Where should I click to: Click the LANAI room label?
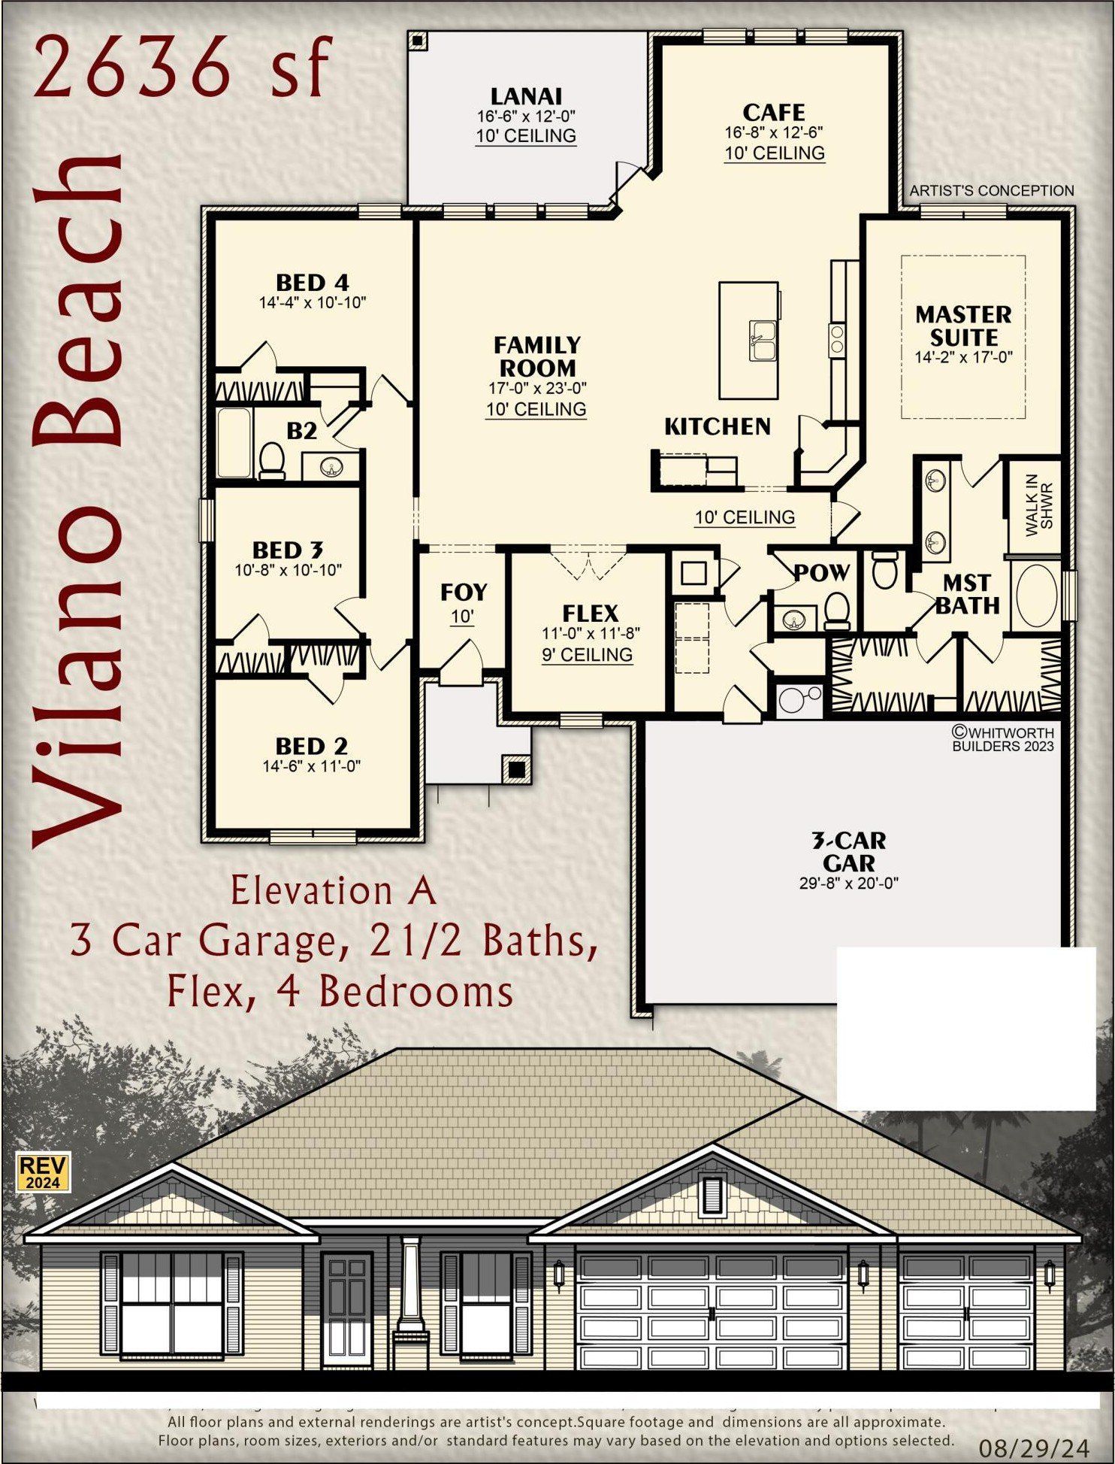click(526, 97)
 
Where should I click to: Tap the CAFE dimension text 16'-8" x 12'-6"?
click(773, 132)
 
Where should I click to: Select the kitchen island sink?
click(762, 341)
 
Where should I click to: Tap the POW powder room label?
click(822, 573)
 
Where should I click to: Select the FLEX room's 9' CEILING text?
click(587, 655)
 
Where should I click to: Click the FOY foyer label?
click(464, 593)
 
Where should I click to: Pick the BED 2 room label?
click(311, 746)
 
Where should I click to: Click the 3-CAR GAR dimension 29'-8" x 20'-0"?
click(848, 884)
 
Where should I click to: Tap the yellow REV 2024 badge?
click(44, 1172)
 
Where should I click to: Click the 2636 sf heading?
click(181, 68)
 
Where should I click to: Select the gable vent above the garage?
click(712, 1195)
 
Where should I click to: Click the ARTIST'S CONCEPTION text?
click(991, 191)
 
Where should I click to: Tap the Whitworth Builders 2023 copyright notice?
click(1002, 738)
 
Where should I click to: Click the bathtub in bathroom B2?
click(234, 444)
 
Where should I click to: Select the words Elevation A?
click(333, 891)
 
